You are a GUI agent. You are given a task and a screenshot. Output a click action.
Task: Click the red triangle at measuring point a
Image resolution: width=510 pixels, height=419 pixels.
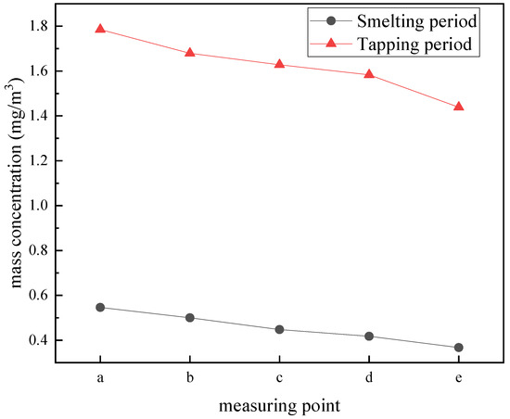point(100,29)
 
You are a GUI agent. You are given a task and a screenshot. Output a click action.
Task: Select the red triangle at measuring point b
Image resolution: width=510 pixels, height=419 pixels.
point(190,53)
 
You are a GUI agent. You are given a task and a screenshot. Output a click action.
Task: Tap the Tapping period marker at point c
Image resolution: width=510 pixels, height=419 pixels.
point(279,64)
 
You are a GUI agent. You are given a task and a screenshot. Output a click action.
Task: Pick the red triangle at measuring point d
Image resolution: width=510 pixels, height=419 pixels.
point(369,74)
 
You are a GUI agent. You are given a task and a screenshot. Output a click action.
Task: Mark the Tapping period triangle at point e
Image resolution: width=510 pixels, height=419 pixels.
point(458,107)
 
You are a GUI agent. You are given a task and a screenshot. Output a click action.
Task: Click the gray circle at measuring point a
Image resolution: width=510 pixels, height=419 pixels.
point(100,307)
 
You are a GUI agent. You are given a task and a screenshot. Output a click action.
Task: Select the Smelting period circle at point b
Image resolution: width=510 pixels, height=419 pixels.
point(190,317)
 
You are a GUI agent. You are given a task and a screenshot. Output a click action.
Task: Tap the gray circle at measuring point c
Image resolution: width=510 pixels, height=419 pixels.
point(279,329)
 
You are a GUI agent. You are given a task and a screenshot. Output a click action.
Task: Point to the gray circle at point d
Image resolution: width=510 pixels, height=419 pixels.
point(369,336)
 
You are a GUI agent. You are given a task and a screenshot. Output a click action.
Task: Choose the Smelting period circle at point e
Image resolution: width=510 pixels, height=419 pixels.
point(458,348)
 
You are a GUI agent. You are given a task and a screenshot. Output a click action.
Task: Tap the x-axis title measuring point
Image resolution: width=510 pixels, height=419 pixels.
point(279,406)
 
